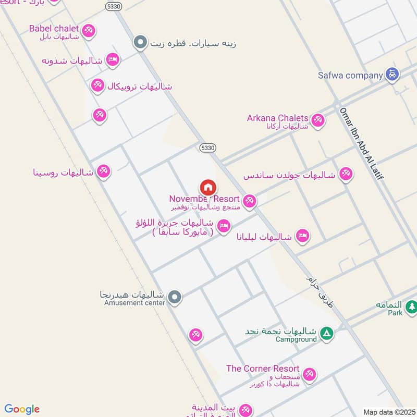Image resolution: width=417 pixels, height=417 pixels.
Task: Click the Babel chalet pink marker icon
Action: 89,31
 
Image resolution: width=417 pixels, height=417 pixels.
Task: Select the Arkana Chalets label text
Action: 278,118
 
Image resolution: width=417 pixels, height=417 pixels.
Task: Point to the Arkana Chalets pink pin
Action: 317,120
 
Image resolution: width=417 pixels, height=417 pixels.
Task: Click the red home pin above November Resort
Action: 208,187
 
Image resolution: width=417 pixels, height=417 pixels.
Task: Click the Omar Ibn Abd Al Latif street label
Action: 361,144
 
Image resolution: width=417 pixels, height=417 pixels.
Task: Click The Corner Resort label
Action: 262,369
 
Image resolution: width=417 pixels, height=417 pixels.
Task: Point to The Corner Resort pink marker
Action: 309,374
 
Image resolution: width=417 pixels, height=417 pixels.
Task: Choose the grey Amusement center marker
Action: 176,297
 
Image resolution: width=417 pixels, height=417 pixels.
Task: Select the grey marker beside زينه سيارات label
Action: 140,42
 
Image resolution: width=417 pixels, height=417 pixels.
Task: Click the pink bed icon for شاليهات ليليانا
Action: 302,236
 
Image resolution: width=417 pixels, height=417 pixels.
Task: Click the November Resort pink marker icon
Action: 250,201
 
